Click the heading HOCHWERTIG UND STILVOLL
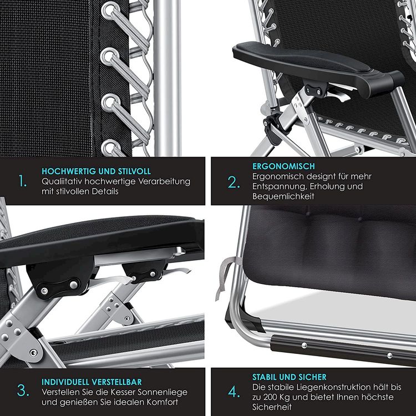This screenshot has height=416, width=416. (96, 171)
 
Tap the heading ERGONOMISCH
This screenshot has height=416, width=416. (283, 166)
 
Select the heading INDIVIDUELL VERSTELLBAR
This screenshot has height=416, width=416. (92, 382)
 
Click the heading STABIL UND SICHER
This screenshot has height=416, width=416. (289, 377)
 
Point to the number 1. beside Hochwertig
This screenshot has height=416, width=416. (23, 181)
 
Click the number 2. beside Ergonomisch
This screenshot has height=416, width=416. (234, 182)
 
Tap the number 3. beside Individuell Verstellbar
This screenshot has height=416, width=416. (23, 390)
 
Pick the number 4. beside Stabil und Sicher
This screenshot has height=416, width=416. (234, 392)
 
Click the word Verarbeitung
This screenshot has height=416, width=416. (165, 182)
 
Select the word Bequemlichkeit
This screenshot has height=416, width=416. (283, 196)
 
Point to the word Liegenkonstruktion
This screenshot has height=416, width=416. (318, 387)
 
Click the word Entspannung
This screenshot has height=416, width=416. (280, 186)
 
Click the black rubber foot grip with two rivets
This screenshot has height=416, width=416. (342, 350)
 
